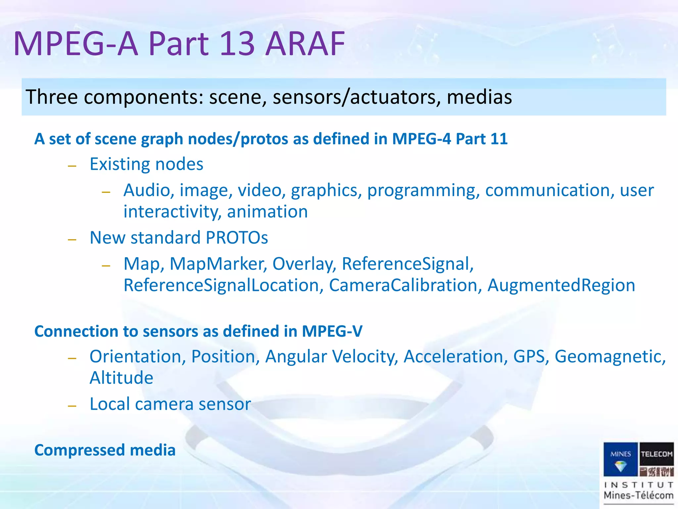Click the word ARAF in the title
coord(305,44)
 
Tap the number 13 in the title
coord(237,44)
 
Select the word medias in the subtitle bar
coord(479,97)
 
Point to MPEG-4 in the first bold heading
coord(421,139)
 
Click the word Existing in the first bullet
coord(120,164)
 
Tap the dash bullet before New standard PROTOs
coord(72,239)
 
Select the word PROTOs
coord(237,238)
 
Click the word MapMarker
coord(218,264)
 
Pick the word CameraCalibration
coord(403,285)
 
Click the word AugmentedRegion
coord(561,285)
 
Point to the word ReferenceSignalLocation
coord(221,285)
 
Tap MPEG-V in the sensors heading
coord(332,331)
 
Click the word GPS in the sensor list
coord(529,357)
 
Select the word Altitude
coord(121,378)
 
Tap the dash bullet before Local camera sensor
coord(72,406)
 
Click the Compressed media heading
coord(105,450)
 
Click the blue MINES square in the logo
coord(620,459)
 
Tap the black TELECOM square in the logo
coord(656,454)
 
